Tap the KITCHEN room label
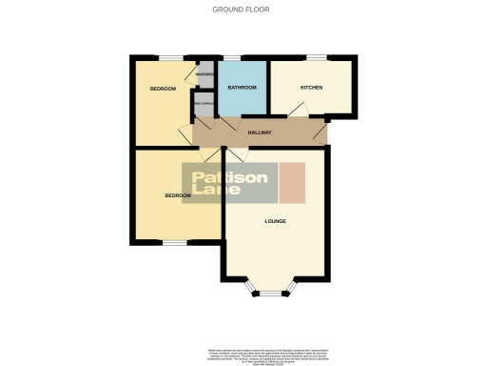coord(311,88)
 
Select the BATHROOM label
coord(242,88)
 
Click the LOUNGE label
coord(276,221)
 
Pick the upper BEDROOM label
coord(164,89)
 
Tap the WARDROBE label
coord(205,74)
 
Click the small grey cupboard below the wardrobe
coord(204,103)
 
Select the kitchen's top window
coord(315,58)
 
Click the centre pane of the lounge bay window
coord(272,295)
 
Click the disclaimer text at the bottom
coord(243,353)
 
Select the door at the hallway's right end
coord(324,133)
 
